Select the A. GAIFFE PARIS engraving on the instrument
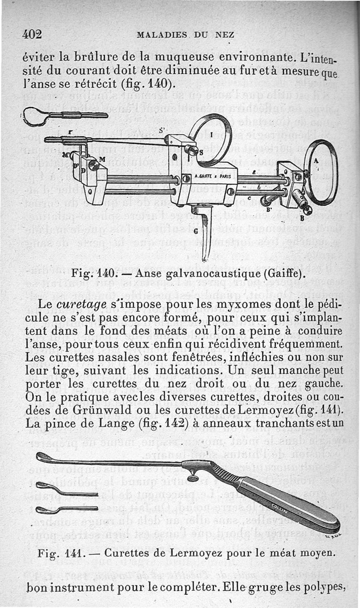pos(212,177)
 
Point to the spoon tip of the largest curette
pos(42,457)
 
